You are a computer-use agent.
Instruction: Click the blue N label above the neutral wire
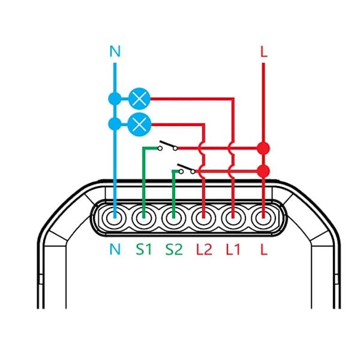pos(115,52)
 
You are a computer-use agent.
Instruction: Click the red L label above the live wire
pos(264,52)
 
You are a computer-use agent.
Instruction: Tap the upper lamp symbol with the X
pos(139,99)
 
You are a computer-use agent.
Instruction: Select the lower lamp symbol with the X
pos(139,124)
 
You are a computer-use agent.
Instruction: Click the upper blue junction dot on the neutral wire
pos(115,99)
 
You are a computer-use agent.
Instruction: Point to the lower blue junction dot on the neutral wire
pos(115,124)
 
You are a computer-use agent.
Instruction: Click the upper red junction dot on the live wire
pos(263,148)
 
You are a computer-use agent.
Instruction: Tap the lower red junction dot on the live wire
pos(263,171)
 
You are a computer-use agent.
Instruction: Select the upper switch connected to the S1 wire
pos(168,146)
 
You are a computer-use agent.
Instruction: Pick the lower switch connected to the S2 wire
pos(187,169)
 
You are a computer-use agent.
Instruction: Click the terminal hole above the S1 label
pos(144,218)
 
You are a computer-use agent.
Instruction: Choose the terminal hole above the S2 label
pos(173,218)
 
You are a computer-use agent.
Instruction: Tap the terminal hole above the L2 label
pos(203,218)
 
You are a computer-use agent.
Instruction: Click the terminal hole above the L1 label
pos(233,218)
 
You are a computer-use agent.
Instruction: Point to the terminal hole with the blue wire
pos(114,218)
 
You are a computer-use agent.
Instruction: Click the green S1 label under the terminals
pos(144,250)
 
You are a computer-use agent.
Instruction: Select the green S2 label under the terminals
pos(174,250)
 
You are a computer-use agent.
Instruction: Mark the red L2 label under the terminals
pos(204,250)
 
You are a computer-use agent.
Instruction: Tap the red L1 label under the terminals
pos(233,250)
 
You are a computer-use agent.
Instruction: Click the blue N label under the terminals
pos(115,250)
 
